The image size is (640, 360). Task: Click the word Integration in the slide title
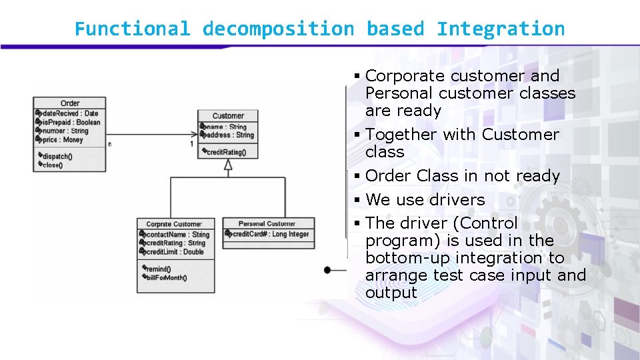501,29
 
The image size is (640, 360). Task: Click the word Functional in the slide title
132,29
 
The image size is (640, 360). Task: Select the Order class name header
70,103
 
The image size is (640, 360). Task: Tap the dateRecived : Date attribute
69,114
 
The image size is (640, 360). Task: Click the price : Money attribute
63,140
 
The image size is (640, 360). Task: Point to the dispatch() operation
58,157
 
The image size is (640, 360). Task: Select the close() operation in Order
53,165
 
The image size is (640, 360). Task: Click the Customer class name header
228,116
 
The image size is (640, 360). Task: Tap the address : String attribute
230,135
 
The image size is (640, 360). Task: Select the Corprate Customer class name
173,225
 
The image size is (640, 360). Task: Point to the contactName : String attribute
177,235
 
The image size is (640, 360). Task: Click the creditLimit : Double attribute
175,252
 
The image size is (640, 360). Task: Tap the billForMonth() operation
167,278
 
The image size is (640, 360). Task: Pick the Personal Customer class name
267,224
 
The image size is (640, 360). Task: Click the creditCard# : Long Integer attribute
270,234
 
